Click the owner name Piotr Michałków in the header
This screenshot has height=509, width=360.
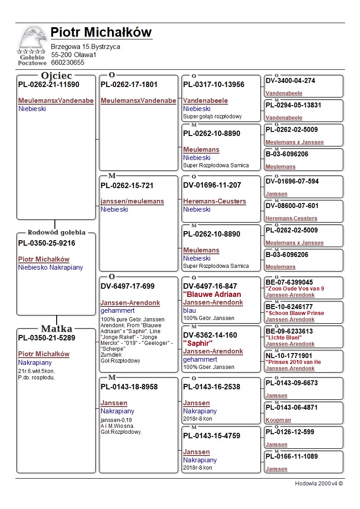point(101,33)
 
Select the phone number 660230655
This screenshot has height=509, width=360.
point(68,63)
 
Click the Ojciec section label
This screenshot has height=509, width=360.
point(56,76)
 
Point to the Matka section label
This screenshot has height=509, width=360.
point(56,329)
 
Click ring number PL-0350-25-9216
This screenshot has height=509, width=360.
point(47,243)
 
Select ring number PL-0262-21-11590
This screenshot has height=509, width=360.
point(49,84)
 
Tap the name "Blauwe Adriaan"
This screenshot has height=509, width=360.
point(212,294)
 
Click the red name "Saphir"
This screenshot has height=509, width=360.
point(198,343)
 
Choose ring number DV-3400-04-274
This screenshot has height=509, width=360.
point(290,81)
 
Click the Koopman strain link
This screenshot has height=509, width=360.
point(278,420)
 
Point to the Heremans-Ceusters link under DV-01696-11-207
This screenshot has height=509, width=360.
point(214,201)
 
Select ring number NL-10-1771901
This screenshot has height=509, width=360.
point(289,356)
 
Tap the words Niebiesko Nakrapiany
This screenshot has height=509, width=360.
point(51,267)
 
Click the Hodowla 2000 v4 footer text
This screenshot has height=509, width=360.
point(319,484)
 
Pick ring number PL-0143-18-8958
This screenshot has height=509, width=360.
point(129,387)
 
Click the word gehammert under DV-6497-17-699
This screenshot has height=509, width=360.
point(117,311)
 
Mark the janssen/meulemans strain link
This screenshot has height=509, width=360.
point(132,201)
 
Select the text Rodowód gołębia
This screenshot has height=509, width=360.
point(56,233)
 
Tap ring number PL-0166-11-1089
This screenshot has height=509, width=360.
point(292,456)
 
